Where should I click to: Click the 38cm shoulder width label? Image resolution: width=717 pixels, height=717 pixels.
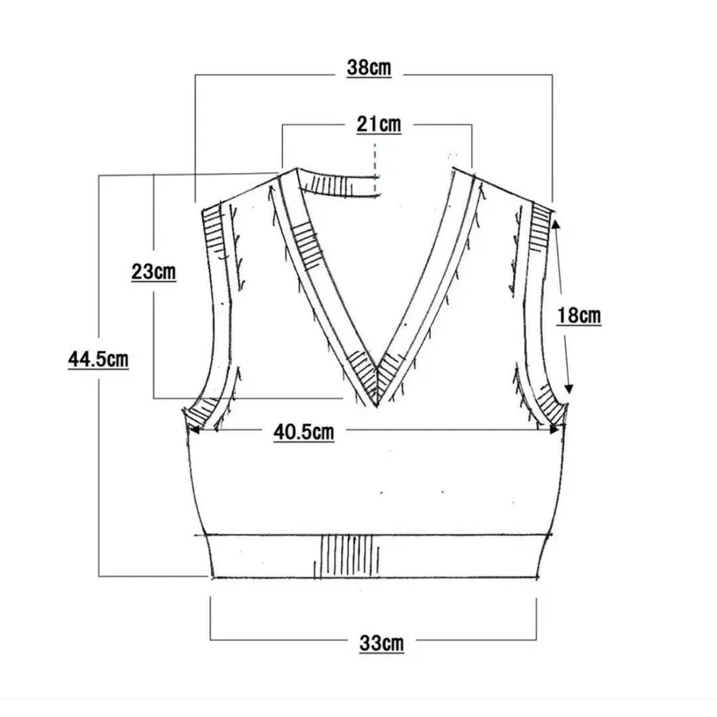pos(369,68)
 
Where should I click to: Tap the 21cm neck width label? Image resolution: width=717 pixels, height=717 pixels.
pos(379,124)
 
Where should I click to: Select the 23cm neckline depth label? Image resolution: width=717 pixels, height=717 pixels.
pos(154,272)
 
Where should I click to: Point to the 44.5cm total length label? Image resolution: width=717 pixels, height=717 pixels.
pos(98,359)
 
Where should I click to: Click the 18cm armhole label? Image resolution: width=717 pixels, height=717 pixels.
pos(578,315)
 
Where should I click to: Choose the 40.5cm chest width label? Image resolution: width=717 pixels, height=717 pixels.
pos(304,432)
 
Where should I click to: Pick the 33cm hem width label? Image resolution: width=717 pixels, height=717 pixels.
pos(382,644)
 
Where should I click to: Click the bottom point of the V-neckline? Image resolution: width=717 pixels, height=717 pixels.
pos(376,406)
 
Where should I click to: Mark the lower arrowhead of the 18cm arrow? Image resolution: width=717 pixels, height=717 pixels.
pos(568,388)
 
